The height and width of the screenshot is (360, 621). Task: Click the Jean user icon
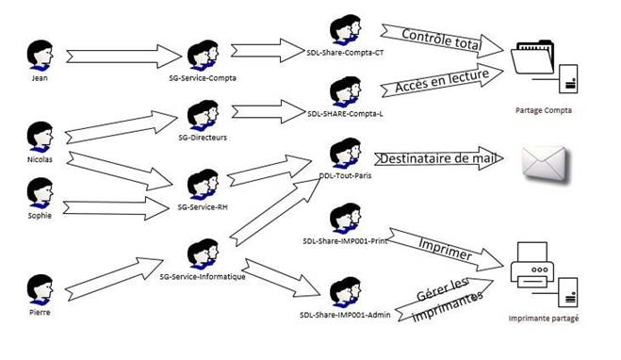[x=40, y=56]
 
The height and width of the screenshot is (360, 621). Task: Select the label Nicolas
[x=40, y=159]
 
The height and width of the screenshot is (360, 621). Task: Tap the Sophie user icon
[x=40, y=193]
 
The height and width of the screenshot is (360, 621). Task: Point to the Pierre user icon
[x=40, y=290]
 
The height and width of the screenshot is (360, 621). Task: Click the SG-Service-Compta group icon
[x=203, y=56]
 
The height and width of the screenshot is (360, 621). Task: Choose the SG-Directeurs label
[x=203, y=138]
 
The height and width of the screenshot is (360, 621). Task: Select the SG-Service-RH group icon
[x=203, y=185]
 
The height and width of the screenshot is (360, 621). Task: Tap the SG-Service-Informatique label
[x=203, y=276]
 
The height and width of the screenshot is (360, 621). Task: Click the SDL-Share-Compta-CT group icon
[x=345, y=30]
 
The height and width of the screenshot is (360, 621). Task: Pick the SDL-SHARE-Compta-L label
[x=345, y=114]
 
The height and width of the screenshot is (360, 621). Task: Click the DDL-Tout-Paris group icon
[x=345, y=154]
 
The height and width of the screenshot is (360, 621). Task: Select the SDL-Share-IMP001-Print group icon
[x=345, y=219]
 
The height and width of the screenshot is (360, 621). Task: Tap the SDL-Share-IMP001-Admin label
[x=345, y=315]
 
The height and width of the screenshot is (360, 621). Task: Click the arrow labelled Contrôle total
[x=442, y=41]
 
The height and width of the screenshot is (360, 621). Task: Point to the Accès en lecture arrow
[x=442, y=80]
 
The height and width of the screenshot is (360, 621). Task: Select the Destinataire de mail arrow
[x=439, y=158]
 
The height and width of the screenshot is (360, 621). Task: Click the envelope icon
[x=545, y=164]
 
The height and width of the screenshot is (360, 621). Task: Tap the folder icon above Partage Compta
[x=532, y=57]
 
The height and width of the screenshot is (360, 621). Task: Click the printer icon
[x=531, y=266]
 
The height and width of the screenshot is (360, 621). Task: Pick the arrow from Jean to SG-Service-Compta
[x=123, y=57]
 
